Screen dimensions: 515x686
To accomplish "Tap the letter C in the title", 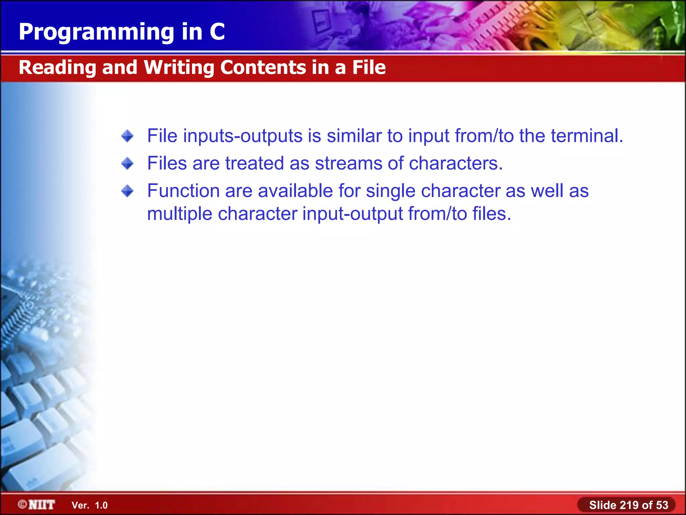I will point(217,32).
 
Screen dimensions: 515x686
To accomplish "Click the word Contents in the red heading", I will point(263,67).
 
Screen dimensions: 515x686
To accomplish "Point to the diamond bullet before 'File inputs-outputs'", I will point(127,136).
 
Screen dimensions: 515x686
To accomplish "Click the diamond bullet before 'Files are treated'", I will point(127,164).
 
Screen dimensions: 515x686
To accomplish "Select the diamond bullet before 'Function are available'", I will point(127,191).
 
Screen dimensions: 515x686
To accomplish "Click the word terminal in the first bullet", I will point(587,136).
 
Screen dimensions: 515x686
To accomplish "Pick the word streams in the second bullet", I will point(348,164).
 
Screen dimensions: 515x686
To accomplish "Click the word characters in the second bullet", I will point(456,164).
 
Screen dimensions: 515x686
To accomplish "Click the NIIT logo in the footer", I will point(37,505).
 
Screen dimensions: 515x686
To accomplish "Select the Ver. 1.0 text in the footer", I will point(89,505).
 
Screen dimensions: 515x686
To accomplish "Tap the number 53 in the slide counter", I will point(662,505).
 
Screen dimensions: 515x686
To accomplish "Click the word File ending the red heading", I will point(369,67).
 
